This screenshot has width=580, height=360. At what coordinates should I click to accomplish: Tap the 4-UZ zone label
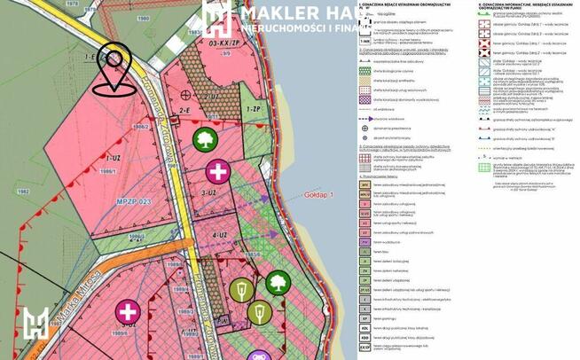(x=221, y=236)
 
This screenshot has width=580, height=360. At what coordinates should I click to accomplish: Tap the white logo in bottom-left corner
(x=36, y=325)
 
